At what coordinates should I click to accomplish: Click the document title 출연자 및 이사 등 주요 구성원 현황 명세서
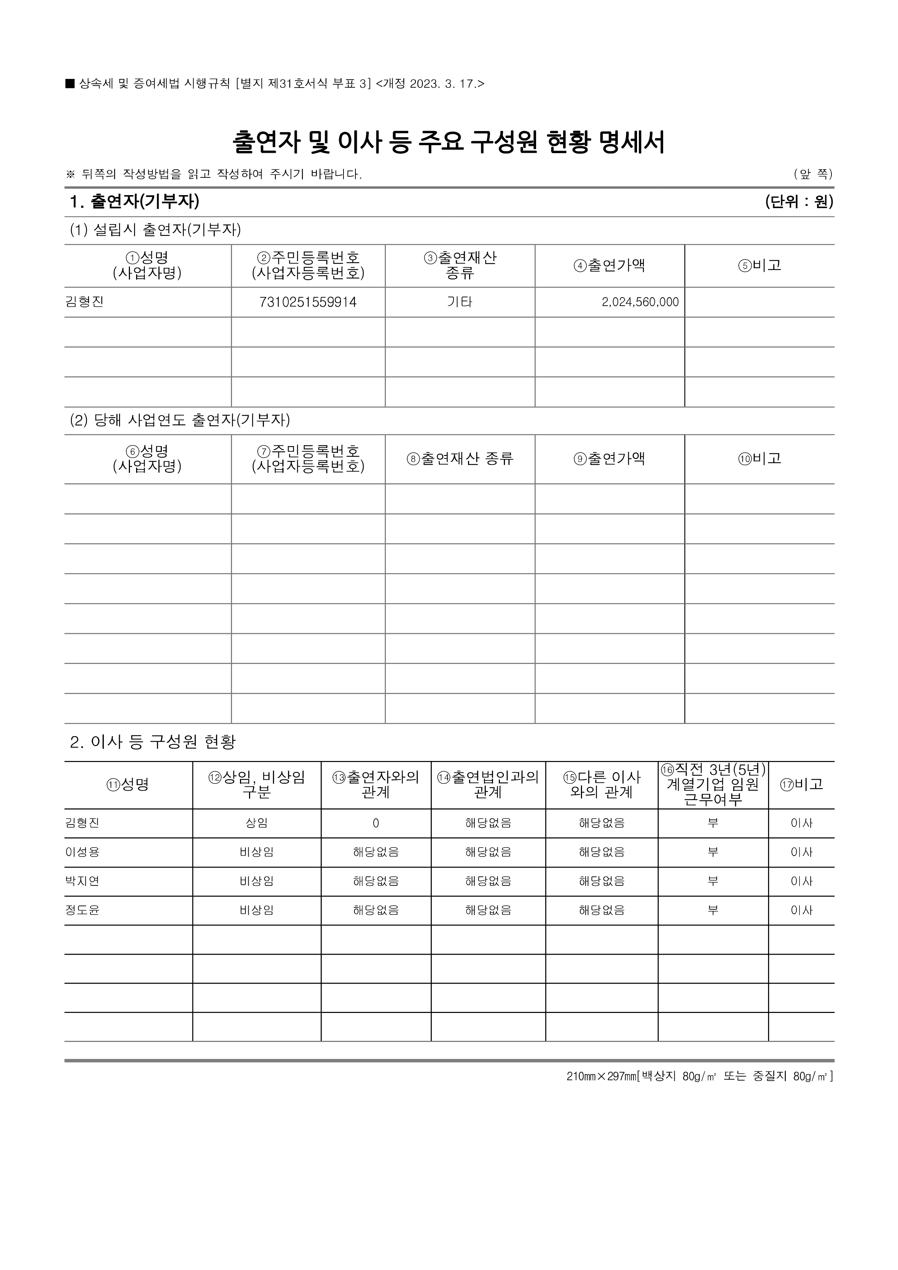(448, 142)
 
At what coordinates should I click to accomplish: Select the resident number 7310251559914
(308, 302)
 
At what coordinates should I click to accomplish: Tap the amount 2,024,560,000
(640, 302)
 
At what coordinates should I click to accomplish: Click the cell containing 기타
(460, 302)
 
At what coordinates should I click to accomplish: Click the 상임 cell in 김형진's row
(257, 823)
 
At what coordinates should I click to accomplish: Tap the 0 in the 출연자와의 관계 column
(376, 823)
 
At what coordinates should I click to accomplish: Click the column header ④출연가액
(610, 265)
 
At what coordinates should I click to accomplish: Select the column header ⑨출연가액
(610, 459)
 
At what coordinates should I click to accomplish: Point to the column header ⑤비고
(759, 265)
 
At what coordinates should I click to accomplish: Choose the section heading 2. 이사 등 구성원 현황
(153, 742)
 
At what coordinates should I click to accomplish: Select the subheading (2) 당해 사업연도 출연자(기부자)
(180, 420)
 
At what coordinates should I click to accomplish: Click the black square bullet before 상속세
(69, 84)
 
